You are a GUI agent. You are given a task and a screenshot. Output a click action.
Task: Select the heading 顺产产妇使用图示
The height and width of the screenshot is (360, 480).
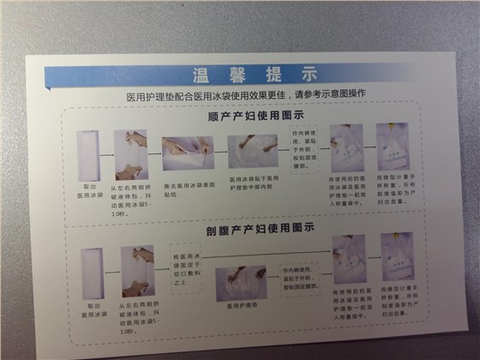pyautogui.click(x=249, y=114)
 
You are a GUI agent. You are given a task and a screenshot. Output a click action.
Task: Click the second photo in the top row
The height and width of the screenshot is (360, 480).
pyautogui.click(x=131, y=153)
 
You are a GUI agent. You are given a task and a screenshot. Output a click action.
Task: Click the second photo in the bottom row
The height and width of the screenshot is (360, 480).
pyautogui.click(x=137, y=270)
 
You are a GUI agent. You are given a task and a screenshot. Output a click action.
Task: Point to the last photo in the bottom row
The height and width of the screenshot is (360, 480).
pyautogui.click(x=397, y=257)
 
